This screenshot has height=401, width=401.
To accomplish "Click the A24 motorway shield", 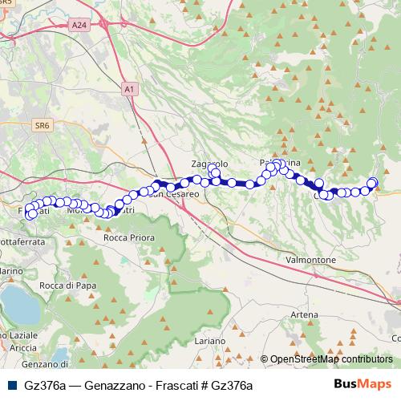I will [79, 26].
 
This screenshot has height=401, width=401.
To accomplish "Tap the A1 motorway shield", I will [131, 88].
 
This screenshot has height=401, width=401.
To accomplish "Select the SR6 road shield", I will [43, 125].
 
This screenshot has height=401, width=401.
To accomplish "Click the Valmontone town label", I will [314, 261].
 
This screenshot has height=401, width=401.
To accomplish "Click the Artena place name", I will [305, 315].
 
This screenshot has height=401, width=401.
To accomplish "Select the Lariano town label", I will [209, 342].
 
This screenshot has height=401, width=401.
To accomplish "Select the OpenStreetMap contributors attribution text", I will [331, 360].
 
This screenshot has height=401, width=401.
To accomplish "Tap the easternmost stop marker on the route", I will [373, 183].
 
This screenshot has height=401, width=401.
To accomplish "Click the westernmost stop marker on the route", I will [30, 214].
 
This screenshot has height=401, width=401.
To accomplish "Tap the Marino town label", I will [10, 273].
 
